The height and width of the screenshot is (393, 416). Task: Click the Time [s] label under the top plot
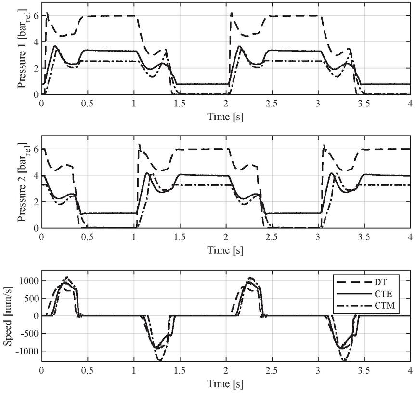225,117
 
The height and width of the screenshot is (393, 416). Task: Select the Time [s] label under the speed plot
225,384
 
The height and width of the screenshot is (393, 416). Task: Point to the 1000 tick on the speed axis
28,281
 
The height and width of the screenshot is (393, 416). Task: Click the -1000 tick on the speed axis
27,351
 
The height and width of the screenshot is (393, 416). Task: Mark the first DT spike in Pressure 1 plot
47,13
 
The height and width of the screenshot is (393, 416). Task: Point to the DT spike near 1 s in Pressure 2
139,144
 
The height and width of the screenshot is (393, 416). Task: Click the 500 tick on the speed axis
31,298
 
